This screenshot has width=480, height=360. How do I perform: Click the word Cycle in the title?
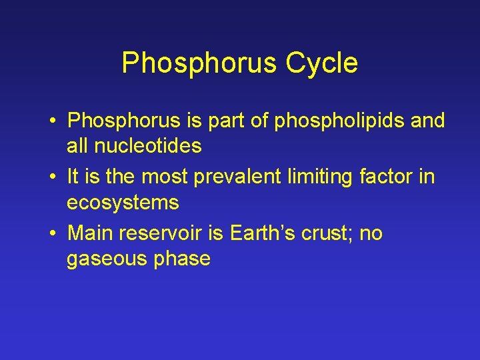point(322,64)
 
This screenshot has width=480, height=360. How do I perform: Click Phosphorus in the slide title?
point(199,64)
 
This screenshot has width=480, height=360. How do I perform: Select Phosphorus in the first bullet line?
point(125,121)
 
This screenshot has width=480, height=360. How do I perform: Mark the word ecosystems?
point(123,202)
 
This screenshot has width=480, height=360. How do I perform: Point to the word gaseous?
point(106,258)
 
